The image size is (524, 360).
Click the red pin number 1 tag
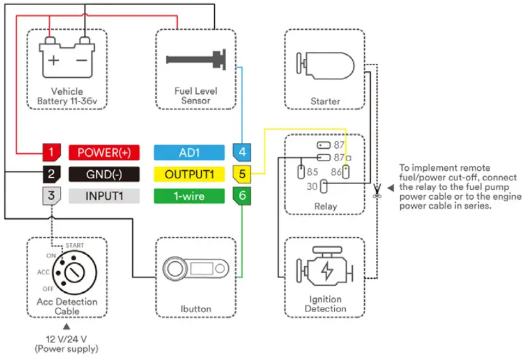pyautogui.click(x=52, y=152)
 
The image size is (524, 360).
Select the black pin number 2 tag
pyautogui.click(x=52, y=174)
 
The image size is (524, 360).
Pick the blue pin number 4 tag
pyautogui.click(x=242, y=152)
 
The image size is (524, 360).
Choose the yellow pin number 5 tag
pyautogui.click(x=242, y=174)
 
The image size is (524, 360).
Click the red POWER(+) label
pyautogui.click(x=104, y=152)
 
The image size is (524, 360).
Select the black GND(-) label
pyautogui.click(x=104, y=174)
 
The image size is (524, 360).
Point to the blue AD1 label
pyautogui.click(x=189, y=152)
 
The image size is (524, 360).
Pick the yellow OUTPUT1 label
pyautogui.click(x=189, y=174)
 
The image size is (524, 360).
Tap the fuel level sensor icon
pyautogui.click(x=196, y=60)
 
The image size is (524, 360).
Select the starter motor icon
pyautogui.click(x=325, y=65)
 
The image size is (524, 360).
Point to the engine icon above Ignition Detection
pyautogui.click(x=325, y=270)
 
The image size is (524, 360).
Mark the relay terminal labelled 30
pyautogui.click(x=324, y=187)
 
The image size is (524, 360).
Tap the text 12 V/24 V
pyautogui.click(x=67, y=339)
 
